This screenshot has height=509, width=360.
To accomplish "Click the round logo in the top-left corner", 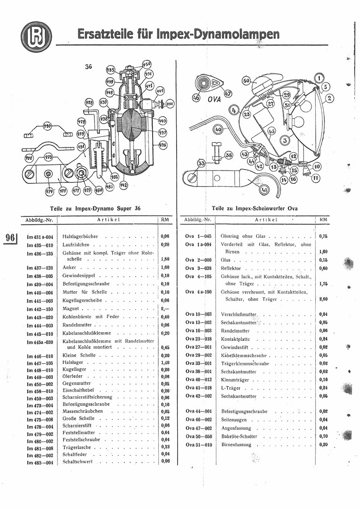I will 36,36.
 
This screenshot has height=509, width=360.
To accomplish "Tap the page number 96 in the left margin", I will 11,237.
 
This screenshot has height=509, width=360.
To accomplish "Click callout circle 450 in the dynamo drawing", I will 147,64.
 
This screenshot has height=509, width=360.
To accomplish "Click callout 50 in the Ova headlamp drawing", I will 246,82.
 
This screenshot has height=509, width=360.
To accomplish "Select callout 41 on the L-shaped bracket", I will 264,190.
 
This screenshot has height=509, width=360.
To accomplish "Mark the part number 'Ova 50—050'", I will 198,436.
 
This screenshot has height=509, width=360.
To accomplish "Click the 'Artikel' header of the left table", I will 109,220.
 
